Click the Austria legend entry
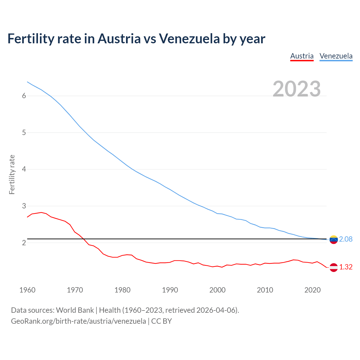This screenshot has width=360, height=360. click(302, 56)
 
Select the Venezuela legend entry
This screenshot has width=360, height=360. click(336, 56)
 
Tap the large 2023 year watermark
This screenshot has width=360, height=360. click(297, 89)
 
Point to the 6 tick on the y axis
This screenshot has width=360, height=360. click(24, 96)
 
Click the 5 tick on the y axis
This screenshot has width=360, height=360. click(24, 132)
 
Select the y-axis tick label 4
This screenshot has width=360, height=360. click(24, 169)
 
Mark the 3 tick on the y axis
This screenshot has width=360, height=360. click(24, 206)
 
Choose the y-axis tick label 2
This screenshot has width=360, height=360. click(24, 243)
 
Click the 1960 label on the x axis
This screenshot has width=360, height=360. click(27, 290)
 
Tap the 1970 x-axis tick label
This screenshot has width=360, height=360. click(75, 290)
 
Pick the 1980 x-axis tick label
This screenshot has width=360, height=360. click(122, 290)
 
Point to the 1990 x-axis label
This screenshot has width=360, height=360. click(170, 290)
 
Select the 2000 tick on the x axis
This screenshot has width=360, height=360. click(217, 290)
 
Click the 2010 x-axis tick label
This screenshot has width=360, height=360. click(265, 290)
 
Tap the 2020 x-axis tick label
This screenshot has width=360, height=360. click(312, 290)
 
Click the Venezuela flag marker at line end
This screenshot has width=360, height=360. click(334, 240)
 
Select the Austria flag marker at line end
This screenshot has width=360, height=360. click(334, 267)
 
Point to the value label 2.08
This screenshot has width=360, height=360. click(346, 239)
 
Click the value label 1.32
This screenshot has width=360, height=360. click(346, 267)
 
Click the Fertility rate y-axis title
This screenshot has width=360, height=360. click(12, 174)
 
